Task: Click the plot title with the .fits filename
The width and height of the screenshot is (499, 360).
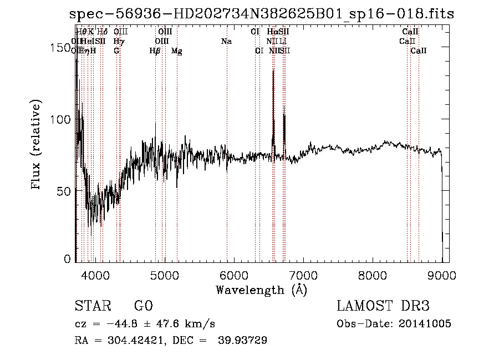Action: pos(262,14)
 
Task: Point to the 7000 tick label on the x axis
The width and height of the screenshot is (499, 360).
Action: pos(303,275)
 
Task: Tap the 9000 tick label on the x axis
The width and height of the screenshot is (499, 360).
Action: pos(441,275)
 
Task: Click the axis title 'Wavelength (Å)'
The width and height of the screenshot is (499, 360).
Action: pos(261,290)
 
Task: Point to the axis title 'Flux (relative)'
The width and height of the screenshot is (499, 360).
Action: pos(37,146)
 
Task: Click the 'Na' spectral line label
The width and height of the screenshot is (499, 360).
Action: pos(226,41)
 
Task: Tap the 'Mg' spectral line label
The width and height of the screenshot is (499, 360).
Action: pos(177,51)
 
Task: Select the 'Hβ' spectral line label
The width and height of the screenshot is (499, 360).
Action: pos(155,51)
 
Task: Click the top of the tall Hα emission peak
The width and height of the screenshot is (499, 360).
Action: pos(273,70)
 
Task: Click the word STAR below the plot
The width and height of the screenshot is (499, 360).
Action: pos(92,307)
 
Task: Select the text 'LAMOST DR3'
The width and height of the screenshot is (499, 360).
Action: pos(383,307)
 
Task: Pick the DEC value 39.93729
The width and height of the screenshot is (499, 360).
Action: pos(243,341)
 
